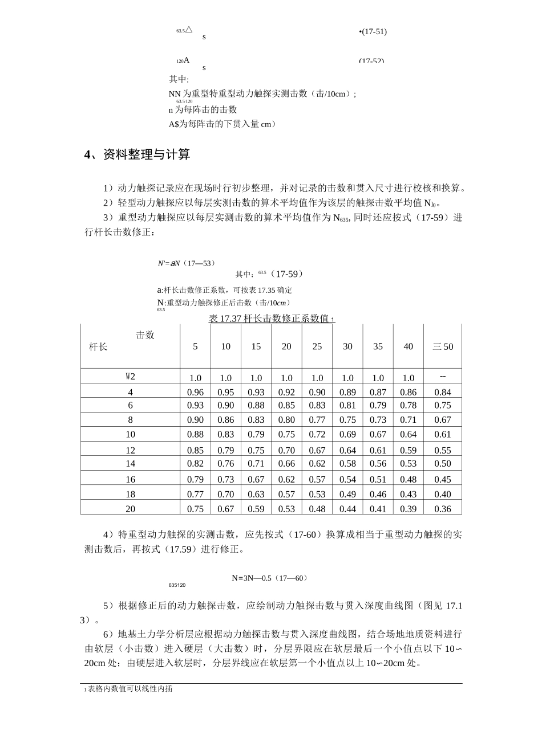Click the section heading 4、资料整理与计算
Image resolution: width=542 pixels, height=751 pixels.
click(x=137, y=154)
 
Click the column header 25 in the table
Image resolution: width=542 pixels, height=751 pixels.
click(x=317, y=346)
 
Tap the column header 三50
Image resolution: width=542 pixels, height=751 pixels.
click(x=442, y=346)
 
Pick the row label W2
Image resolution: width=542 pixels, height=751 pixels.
click(x=130, y=376)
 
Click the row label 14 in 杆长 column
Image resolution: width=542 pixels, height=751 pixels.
click(x=130, y=464)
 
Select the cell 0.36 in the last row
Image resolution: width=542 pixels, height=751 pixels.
click(x=442, y=509)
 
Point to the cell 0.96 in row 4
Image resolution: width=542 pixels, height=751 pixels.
click(x=195, y=392)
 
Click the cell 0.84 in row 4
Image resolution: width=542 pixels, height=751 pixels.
click(x=442, y=392)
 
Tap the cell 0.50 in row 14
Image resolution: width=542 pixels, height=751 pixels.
click(x=442, y=464)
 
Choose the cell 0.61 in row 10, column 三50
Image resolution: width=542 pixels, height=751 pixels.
click(x=442, y=434)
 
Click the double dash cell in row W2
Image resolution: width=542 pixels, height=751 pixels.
click(x=442, y=377)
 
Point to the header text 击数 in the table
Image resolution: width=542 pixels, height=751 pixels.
click(x=145, y=335)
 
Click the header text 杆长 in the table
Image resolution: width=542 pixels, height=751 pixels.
click(x=98, y=346)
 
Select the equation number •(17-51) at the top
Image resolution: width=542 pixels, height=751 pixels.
click(x=373, y=31)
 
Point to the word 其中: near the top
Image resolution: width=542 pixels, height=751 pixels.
click(x=179, y=79)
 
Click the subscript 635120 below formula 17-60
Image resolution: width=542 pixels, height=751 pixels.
click(x=177, y=585)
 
